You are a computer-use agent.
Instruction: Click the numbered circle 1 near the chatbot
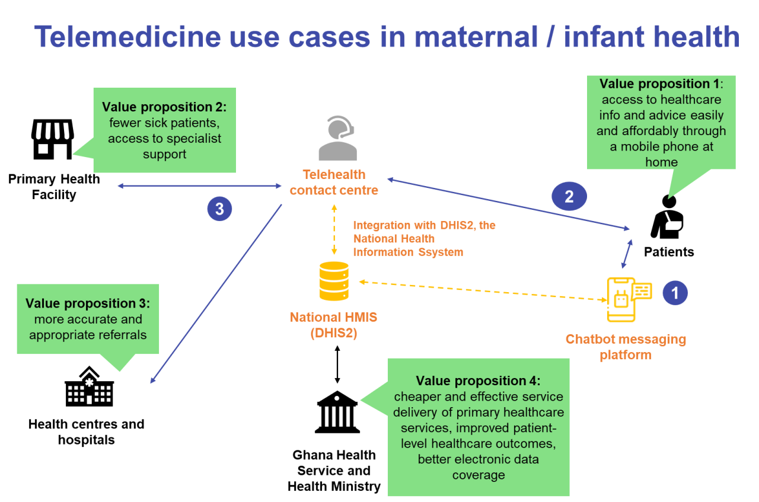pos(675,293)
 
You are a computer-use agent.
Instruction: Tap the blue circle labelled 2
pos(569,196)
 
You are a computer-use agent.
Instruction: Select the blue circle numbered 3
pos(219,209)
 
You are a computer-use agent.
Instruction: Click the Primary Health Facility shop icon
pos(52,139)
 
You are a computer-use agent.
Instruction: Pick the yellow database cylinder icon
pos(334,281)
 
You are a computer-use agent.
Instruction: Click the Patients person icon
pos(668,220)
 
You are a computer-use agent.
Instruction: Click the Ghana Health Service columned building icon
pos(337,413)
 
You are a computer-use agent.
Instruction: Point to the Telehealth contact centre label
pos(334,183)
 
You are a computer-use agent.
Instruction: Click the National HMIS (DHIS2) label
pos(333,325)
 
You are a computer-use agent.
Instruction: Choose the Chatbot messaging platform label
pos(626,347)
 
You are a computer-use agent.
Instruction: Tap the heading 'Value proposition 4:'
pos(478,381)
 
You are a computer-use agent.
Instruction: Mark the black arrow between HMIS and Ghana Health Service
pos(337,364)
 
